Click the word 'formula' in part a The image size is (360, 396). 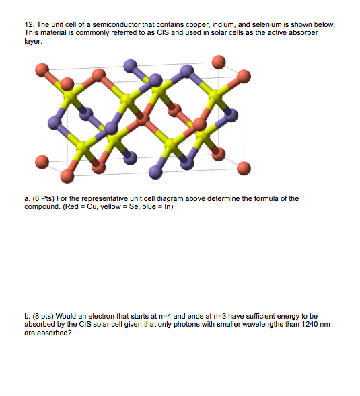(x=253, y=199)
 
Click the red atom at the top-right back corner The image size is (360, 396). (x=219, y=63)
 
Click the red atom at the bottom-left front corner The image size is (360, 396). (x=67, y=175)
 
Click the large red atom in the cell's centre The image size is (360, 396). (x=143, y=118)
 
